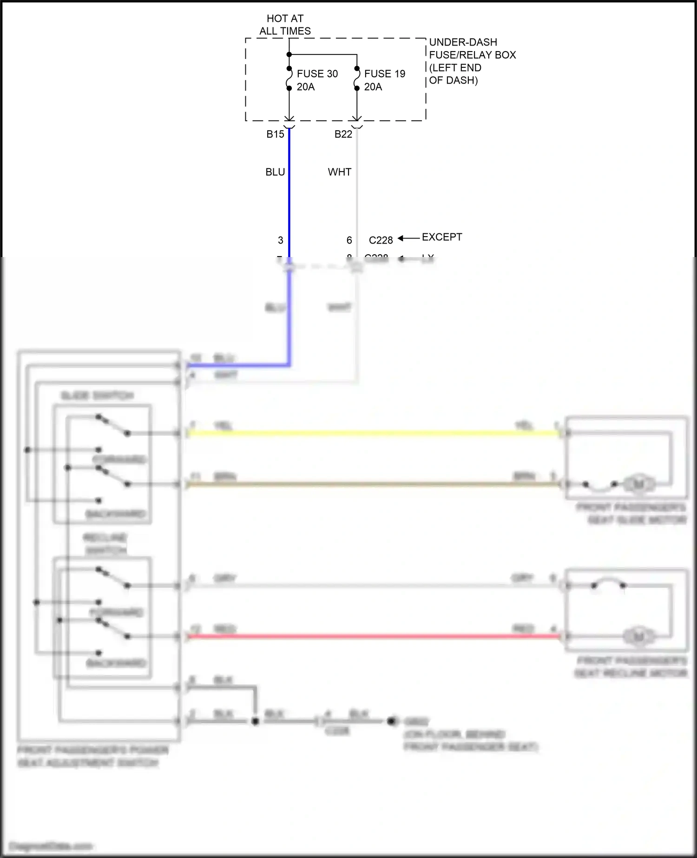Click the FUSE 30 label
click(x=317, y=73)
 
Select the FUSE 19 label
click(x=384, y=73)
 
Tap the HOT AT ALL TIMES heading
click(x=285, y=25)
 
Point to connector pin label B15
click(x=275, y=134)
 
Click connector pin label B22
click(x=343, y=134)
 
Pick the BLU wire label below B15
click(x=275, y=172)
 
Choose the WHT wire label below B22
click(x=339, y=172)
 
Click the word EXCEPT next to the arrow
click(x=441, y=237)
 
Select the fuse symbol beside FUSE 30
click(x=289, y=78)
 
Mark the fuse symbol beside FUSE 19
click(x=357, y=78)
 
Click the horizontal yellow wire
click(x=372, y=434)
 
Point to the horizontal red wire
click(x=372, y=636)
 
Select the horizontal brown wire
click(x=372, y=484)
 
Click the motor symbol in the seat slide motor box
click(x=639, y=484)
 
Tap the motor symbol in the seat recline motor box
click(x=639, y=636)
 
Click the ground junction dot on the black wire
click(x=255, y=721)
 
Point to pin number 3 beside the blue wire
click(x=280, y=240)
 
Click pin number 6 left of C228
click(x=349, y=240)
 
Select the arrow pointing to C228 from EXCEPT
click(x=408, y=238)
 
